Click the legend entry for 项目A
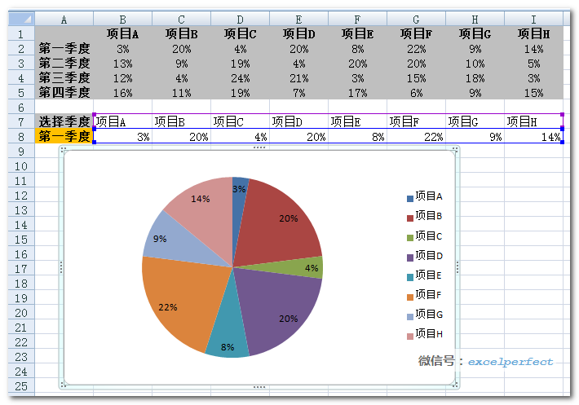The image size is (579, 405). [424, 196]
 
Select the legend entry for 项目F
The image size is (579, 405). [424, 294]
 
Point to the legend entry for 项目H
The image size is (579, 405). [424, 333]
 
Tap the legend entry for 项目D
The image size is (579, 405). [424, 255]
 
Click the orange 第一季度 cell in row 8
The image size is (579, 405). [64, 136]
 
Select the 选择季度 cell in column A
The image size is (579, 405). [64, 121]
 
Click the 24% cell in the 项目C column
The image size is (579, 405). [240, 77]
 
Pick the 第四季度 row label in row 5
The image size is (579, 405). [64, 92]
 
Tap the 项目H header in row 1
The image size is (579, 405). [533, 33]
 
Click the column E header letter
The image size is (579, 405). [298, 19]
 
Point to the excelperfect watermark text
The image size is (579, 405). [510, 361]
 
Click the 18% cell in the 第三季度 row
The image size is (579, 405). [475, 77]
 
